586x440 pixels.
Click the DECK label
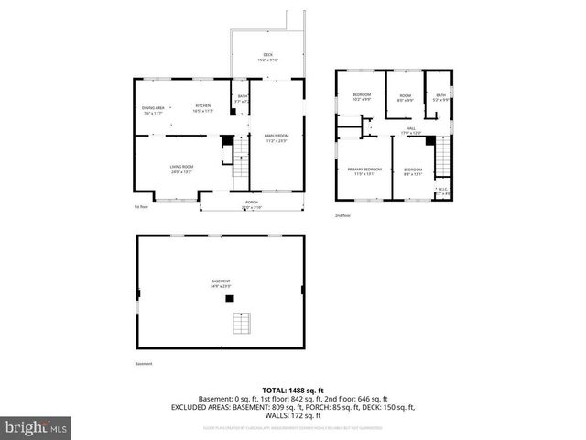(x=268, y=54)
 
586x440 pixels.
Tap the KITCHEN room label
(x=203, y=105)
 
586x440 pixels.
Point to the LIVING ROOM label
(x=180, y=166)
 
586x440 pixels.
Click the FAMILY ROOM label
(x=277, y=136)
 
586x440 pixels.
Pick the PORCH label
(x=251, y=202)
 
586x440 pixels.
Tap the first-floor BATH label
(x=243, y=96)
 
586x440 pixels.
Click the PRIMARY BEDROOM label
(x=364, y=170)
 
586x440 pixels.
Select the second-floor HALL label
(x=411, y=128)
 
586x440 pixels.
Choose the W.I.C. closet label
(x=442, y=191)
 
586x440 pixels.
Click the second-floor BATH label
(x=441, y=95)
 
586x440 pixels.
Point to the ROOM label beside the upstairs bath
(x=405, y=95)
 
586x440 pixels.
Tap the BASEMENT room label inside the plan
(x=218, y=281)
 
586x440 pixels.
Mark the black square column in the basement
(x=231, y=298)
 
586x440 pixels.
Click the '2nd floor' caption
(x=343, y=215)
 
